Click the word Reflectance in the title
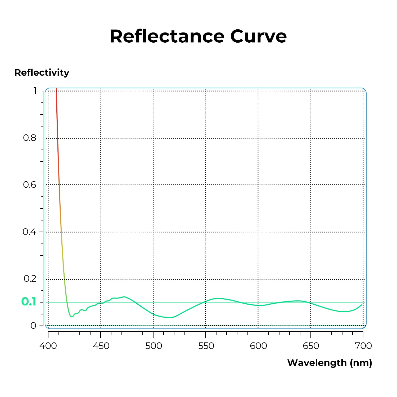tap(167, 36)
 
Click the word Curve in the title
tap(258, 36)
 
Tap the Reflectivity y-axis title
tap(42, 73)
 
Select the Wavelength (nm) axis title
tap(330, 363)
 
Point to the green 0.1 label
tap(29, 302)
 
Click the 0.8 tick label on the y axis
tap(30, 138)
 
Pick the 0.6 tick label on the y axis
tap(30, 185)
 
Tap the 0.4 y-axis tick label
tap(29, 232)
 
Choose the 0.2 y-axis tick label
tap(30, 279)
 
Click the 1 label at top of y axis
tap(35, 91)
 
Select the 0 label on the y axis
tap(33, 326)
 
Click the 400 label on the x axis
tap(48, 346)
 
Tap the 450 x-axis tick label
tap(101, 346)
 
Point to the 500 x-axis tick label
tap(154, 346)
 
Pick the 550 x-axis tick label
tap(206, 346)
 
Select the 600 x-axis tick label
tap(258, 346)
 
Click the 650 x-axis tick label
tap(311, 346)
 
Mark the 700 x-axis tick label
tap(363, 346)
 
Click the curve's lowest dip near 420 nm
tap(71, 317)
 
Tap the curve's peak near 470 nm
tap(124, 297)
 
